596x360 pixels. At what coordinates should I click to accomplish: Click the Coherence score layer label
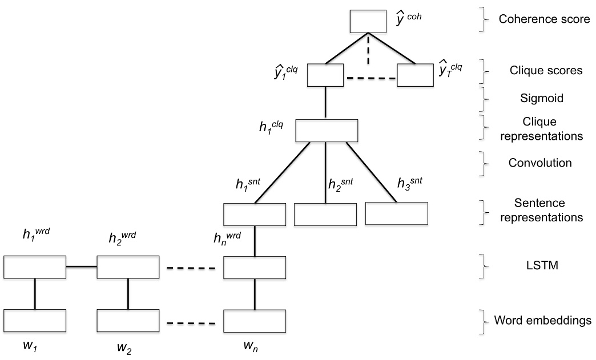click(x=544, y=19)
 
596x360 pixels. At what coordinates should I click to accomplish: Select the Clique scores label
click(x=546, y=71)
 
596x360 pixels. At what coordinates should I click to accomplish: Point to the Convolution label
click(x=540, y=163)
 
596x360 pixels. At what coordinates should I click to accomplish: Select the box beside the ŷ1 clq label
click(x=325, y=75)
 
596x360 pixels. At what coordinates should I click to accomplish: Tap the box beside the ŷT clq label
click(x=416, y=75)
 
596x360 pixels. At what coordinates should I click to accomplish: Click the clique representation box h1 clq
click(x=326, y=131)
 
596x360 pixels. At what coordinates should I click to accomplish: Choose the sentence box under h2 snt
click(x=325, y=213)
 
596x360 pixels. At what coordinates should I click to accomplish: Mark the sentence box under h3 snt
click(x=396, y=213)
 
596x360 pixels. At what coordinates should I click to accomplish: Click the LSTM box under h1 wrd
click(x=35, y=267)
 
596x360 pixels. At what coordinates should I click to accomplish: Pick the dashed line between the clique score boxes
click(x=369, y=78)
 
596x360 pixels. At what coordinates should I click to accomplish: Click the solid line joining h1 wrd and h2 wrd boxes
click(x=82, y=266)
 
